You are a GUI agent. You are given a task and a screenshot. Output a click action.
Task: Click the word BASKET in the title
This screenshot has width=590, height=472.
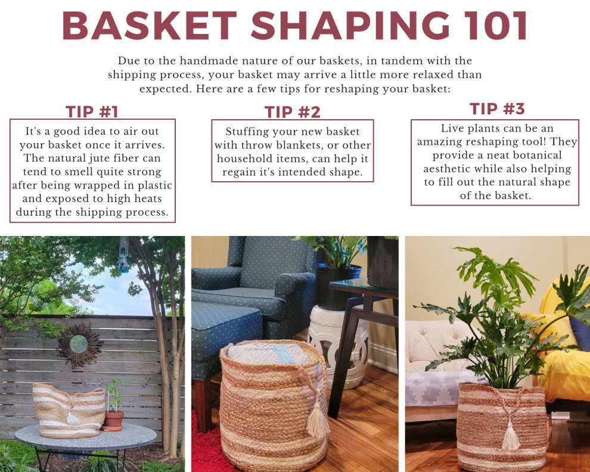point(150,26)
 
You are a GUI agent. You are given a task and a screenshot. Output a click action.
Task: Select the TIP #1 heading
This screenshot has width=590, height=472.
point(92,111)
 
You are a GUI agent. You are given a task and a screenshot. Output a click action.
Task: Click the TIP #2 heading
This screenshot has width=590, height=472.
point(293,112)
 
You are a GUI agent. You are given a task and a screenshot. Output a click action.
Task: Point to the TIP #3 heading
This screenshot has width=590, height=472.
point(497,109)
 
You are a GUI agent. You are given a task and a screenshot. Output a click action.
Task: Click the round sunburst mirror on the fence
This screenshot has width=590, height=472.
point(79,344)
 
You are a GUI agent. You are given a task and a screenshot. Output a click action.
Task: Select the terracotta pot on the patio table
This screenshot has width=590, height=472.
point(113,420)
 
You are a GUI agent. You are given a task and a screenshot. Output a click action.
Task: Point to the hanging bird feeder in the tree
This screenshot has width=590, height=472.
point(124,256)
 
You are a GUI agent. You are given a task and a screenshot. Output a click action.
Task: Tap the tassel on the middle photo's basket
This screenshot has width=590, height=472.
point(318,420)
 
